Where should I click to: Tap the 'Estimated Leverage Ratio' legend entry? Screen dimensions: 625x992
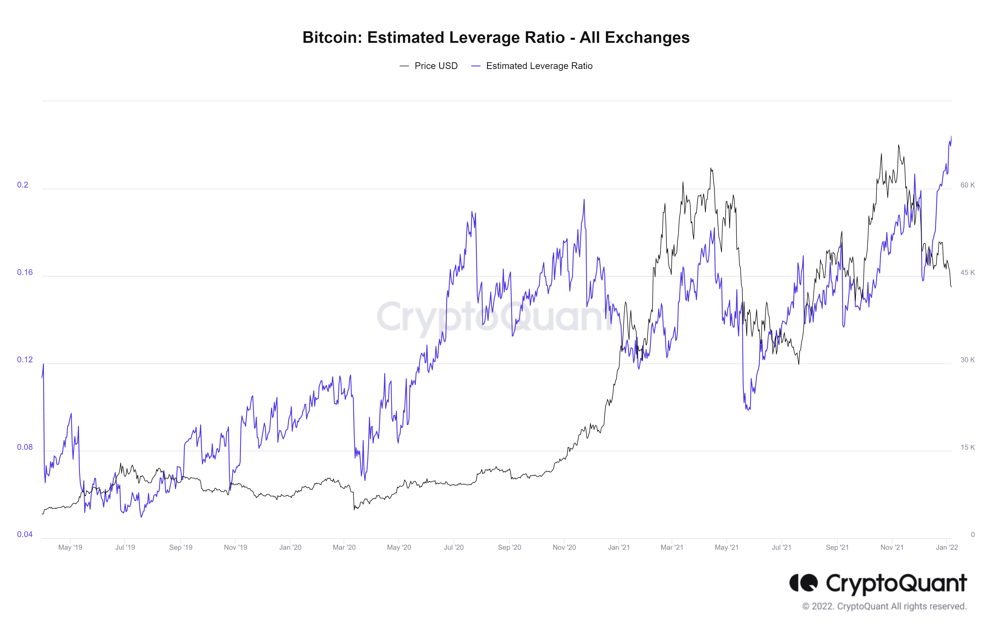(539, 66)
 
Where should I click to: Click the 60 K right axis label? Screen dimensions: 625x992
(967, 185)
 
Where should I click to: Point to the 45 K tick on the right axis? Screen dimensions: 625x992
(967, 272)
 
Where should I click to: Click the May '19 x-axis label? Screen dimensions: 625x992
(70, 547)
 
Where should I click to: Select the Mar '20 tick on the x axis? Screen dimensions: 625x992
(344, 547)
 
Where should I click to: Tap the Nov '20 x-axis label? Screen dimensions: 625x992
(564, 547)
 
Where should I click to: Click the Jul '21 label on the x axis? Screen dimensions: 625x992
(781, 547)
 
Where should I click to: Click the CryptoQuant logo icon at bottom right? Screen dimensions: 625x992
(803, 583)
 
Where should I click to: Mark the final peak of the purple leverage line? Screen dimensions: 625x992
(951, 136)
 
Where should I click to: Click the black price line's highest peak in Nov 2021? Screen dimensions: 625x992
(899, 145)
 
